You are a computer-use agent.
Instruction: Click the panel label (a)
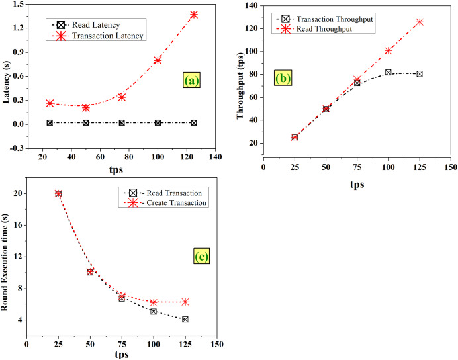191,81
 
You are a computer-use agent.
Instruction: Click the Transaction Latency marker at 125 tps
194,14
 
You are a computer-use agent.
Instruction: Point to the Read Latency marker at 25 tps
50,123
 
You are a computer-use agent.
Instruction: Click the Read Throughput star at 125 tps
420,22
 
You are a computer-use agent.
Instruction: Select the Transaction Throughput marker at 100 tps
388,73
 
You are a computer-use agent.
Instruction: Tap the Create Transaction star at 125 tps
185,302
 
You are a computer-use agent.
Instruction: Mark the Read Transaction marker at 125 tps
185,319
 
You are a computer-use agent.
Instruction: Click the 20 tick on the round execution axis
18,193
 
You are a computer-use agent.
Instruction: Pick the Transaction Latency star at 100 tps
158,60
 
